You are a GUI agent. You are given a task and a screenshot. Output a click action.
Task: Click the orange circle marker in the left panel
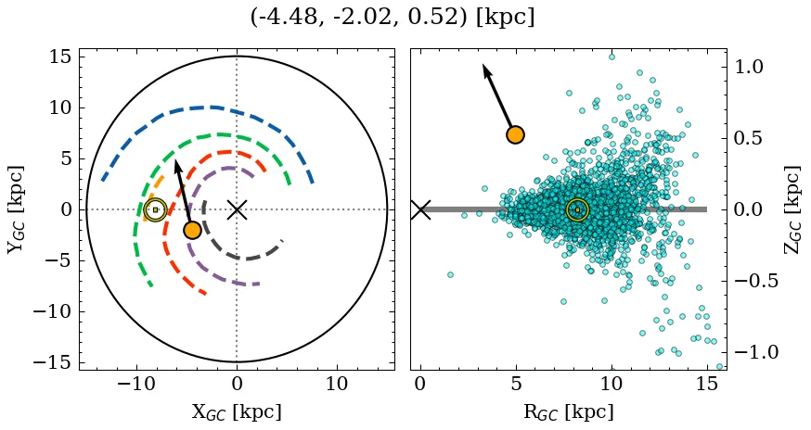pyautogui.click(x=192, y=230)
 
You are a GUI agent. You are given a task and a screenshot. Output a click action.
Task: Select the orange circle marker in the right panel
pyautogui.click(x=515, y=134)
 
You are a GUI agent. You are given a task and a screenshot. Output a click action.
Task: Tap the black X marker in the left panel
pyautogui.click(x=237, y=209)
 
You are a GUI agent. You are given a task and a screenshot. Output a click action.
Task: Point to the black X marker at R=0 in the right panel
pyautogui.click(x=420, y=209)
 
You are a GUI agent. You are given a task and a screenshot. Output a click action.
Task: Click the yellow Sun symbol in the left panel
pyautogui.click(x=155, y=209)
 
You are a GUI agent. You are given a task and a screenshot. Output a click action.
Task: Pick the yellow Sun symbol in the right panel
pyautogui.click(x=577, y=209)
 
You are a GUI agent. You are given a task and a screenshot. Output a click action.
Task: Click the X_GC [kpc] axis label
pyautogui.click(x=237, y=411)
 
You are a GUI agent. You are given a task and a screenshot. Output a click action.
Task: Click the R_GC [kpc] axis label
pyautogui.click(x=569, y=411)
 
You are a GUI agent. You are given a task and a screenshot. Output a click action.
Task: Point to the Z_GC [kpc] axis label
pyautogui.click(x=792, y=209)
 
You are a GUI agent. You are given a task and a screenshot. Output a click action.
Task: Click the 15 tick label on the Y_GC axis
pyautogui.click(x=60, y=57)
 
